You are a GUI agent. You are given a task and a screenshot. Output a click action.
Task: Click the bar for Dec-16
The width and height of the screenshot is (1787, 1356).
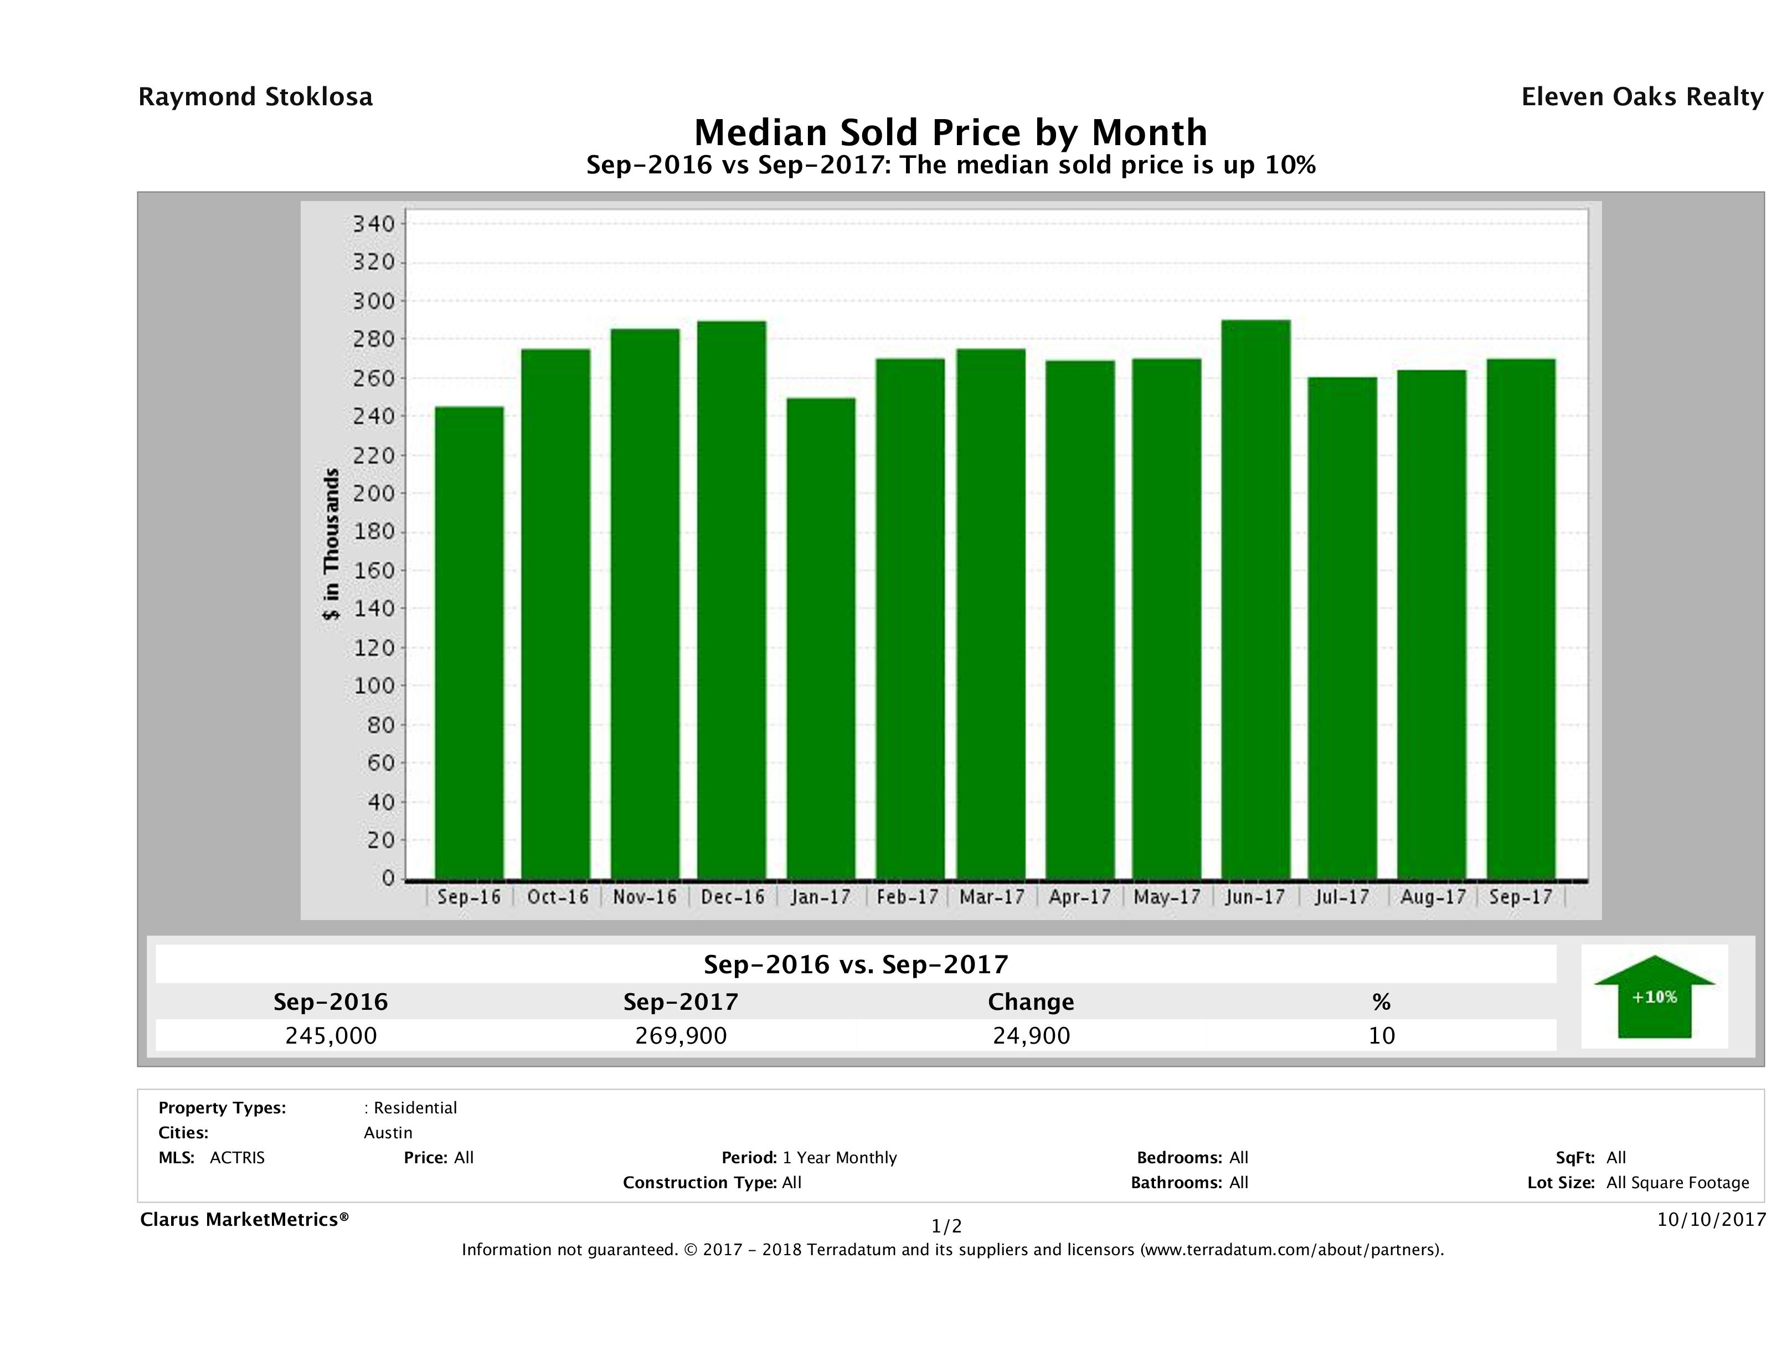click(x=732, y=599)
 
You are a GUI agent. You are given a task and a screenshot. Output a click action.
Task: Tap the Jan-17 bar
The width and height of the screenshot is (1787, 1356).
click(x=821, y=639)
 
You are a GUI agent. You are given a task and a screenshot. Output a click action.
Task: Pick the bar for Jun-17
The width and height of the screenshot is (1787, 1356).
click(x=1255, y=599)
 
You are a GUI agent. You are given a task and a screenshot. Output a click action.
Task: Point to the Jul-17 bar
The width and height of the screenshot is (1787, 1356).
click(x=1343, y=628)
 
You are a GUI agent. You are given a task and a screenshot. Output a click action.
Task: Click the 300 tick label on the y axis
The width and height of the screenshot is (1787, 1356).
click(x=373, y=301)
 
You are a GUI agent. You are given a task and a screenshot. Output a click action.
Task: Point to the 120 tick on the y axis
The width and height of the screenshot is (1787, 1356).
click(x=373, y=648)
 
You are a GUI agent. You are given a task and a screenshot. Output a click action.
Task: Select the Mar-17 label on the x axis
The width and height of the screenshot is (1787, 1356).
click(x=992, y=897)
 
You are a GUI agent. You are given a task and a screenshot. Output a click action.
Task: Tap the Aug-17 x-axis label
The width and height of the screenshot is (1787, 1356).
click(x=1433, y=897)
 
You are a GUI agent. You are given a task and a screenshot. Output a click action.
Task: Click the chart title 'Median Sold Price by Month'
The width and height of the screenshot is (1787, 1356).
click(x=951, y=132)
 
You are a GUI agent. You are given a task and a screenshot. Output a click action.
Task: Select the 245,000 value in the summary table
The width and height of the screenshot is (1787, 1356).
click(x=331, y=1035)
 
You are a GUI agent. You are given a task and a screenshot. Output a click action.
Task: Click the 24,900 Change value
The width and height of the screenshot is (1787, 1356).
click(x=1031, y=1035)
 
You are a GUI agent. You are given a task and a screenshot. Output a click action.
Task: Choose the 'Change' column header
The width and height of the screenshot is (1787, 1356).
click(x=1031, y=1002)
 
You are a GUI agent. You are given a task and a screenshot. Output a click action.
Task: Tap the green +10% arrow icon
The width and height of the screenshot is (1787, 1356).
click(x=1654, y=997)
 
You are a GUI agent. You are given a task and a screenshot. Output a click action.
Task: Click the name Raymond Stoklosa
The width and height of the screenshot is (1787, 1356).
click(x=255, y=97)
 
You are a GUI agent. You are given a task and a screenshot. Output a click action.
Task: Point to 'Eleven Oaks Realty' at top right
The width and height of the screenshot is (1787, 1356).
click(x=1641, y=97)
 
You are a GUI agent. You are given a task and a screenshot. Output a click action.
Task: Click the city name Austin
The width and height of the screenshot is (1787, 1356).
click(x=388, y=1133)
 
